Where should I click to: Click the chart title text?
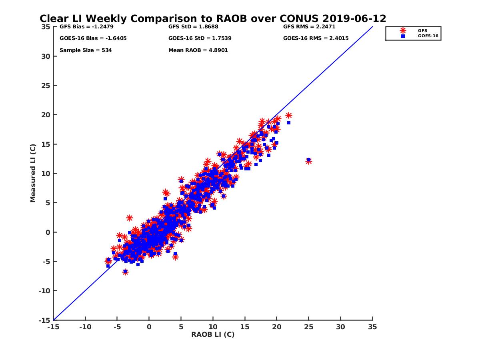tap(213, 19)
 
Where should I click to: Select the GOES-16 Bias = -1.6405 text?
tap(88, 38)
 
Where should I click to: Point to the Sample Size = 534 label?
tap(86, 50)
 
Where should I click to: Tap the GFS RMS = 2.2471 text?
tap(309, 27)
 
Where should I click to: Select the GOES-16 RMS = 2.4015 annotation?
tap(316, 38)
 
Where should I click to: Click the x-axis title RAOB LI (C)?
tap(213, 334)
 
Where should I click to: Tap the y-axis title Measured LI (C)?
tap(33, 173)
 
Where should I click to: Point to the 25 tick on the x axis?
tap(308, 327)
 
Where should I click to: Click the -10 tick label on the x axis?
tap(85, 327)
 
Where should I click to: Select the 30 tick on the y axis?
tap(46, 56)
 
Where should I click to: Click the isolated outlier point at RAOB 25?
tap(308, 161)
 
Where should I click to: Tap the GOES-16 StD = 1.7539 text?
tap(200, 38)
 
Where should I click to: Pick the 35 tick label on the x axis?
tap(372, 327)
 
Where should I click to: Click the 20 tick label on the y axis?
tap(46, 115)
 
